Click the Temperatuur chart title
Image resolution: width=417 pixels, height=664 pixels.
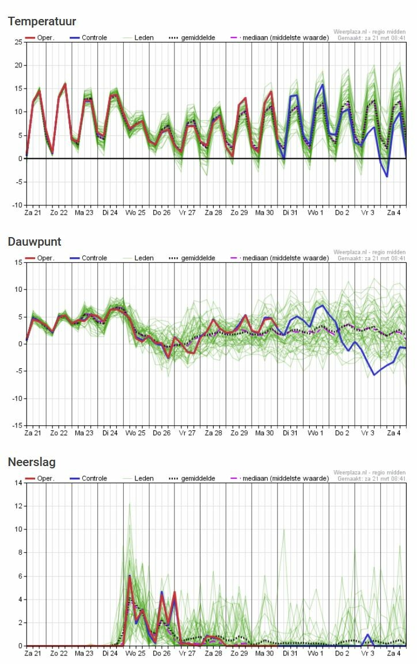coord(41,21)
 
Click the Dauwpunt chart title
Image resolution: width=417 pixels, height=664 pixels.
coord(35,242)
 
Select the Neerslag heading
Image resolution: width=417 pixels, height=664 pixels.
coord(32,462)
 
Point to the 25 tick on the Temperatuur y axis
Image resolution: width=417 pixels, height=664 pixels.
coord(18,42)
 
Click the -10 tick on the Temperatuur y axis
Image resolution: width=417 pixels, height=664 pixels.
coord(17,205)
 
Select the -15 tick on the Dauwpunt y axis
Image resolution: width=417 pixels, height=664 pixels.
coord(17,426)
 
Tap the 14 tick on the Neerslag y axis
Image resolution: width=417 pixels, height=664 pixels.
coord(18,483)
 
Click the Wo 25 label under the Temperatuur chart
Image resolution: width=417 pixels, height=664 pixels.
coord(136,213)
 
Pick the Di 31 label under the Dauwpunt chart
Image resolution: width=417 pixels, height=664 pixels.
coord(290,433)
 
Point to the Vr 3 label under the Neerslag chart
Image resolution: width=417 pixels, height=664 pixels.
coord(367,654)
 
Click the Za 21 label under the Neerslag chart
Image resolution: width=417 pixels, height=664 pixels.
coord(33,654)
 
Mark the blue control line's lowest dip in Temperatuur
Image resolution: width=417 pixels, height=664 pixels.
coord(387,176)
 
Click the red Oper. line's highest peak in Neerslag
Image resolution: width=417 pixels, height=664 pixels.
coord(130,576)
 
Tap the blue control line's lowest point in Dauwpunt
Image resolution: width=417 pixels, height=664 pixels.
coord(374,375)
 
